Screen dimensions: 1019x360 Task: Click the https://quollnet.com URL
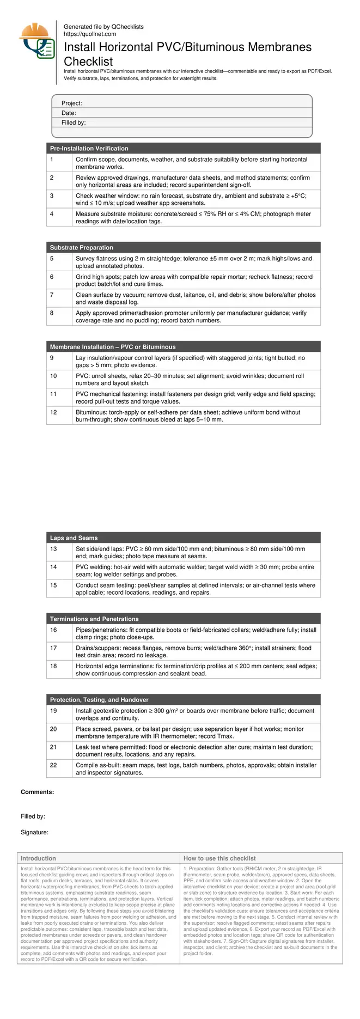click(90, 34)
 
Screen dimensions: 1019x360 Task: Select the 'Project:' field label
click(71, 103)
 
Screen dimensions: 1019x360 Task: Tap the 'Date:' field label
click(69, 113)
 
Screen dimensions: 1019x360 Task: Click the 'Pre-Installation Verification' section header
click(89, 148)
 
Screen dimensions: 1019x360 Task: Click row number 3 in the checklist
click(52, 196)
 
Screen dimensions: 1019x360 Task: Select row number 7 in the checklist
click(52, 295)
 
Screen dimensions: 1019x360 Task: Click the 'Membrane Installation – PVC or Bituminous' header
click(113, 347)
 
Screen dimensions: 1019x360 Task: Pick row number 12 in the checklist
click(53, 412)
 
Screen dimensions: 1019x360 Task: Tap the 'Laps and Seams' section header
click(74, 538)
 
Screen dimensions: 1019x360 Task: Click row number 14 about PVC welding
click(53, 567)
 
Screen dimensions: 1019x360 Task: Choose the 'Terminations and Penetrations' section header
click(94, 619)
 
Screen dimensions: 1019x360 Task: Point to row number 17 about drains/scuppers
click(53, 648)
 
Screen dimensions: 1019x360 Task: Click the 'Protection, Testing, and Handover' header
click(99, 700)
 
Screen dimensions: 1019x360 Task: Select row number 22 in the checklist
click(53, 765)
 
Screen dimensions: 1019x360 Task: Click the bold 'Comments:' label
click(37, 792)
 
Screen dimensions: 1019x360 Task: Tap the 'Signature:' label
click(34, 832)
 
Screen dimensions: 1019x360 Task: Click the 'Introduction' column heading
click(38, 858)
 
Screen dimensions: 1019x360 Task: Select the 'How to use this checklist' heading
click(219, 858)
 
